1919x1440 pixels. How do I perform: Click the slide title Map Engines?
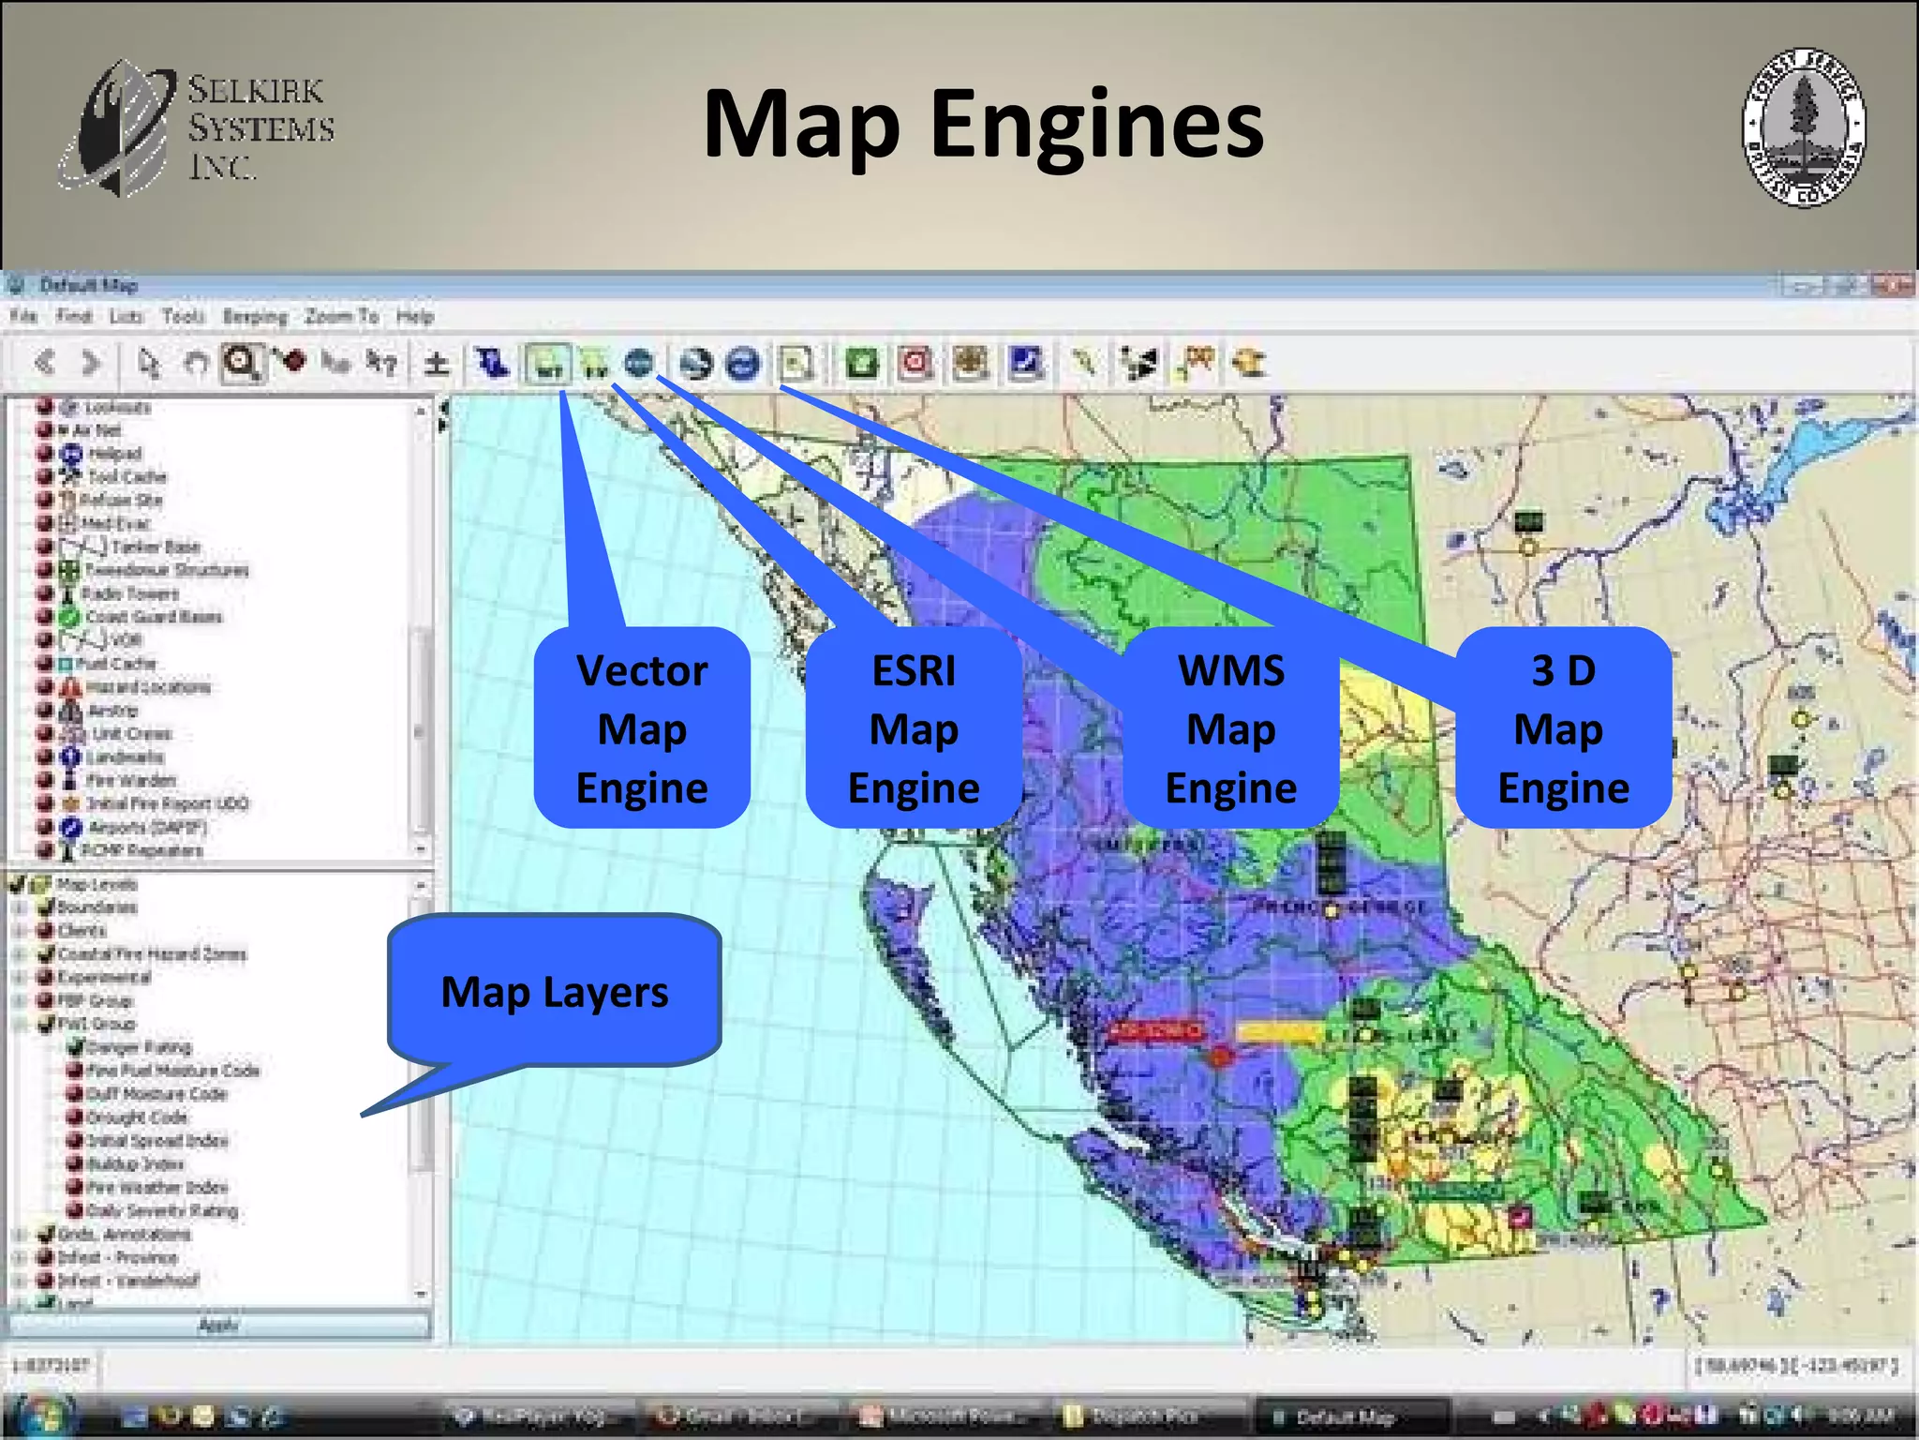click(983, 125)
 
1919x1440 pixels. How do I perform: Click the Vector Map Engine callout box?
click(642, 728)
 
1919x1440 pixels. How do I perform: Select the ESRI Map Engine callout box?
click(914, 728)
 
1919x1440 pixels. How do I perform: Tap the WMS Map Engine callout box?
click(1230, 728)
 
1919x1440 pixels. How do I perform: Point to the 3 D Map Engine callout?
click(1563, 728)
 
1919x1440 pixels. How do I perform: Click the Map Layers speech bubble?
click(555, 991)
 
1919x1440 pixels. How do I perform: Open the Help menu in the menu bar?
click(414, 317)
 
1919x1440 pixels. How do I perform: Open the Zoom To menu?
click(341, 317)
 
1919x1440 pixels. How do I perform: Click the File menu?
click(23, 317)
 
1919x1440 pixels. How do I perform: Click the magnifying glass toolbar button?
click(242, 362)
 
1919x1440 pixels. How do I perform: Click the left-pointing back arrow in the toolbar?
click(44, 362)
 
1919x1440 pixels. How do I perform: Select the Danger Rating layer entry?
click(139, 1047)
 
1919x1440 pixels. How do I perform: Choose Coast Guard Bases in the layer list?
click(154, 617)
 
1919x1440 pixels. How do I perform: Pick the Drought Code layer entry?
click(137, 1117)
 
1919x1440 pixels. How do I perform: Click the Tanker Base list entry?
click(155, 547)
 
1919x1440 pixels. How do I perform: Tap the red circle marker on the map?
click(1220, 1057)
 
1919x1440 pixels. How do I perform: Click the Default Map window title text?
click(89, 285)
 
